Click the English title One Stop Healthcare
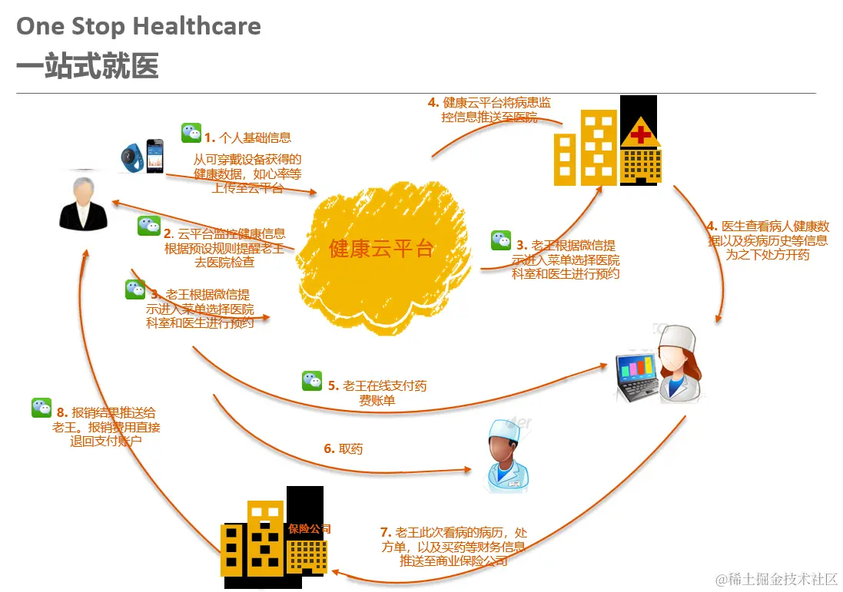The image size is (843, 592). pyautogui.click(x=138, y=27)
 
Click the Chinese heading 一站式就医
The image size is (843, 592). pyautogui.click(x=88, y=67)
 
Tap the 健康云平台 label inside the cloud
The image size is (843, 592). pyautogui.click(x=381, y=249)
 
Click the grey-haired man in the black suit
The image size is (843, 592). pyautogui.click(x=84, y=203)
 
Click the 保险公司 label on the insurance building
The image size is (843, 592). pyautogui.click(x=310, y=528)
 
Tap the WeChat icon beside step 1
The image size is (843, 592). pyautogui.click(x=191, y=133)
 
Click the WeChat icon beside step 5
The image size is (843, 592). pyautogui.click(x=312, y=380)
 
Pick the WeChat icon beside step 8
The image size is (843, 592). pyautogui.click(x=41, y=408)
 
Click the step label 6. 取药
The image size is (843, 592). pyautogui.click(x=343, y=448)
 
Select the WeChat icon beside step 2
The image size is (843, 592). pyautogui.click(x=149, y=226)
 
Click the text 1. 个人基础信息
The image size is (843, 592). pyautogui.click(x=247, y=138)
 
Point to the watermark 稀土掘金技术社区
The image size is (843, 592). pyautogui.click(x=782, y=578)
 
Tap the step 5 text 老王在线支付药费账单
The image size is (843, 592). pyautogui.click(x=377, y=392)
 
